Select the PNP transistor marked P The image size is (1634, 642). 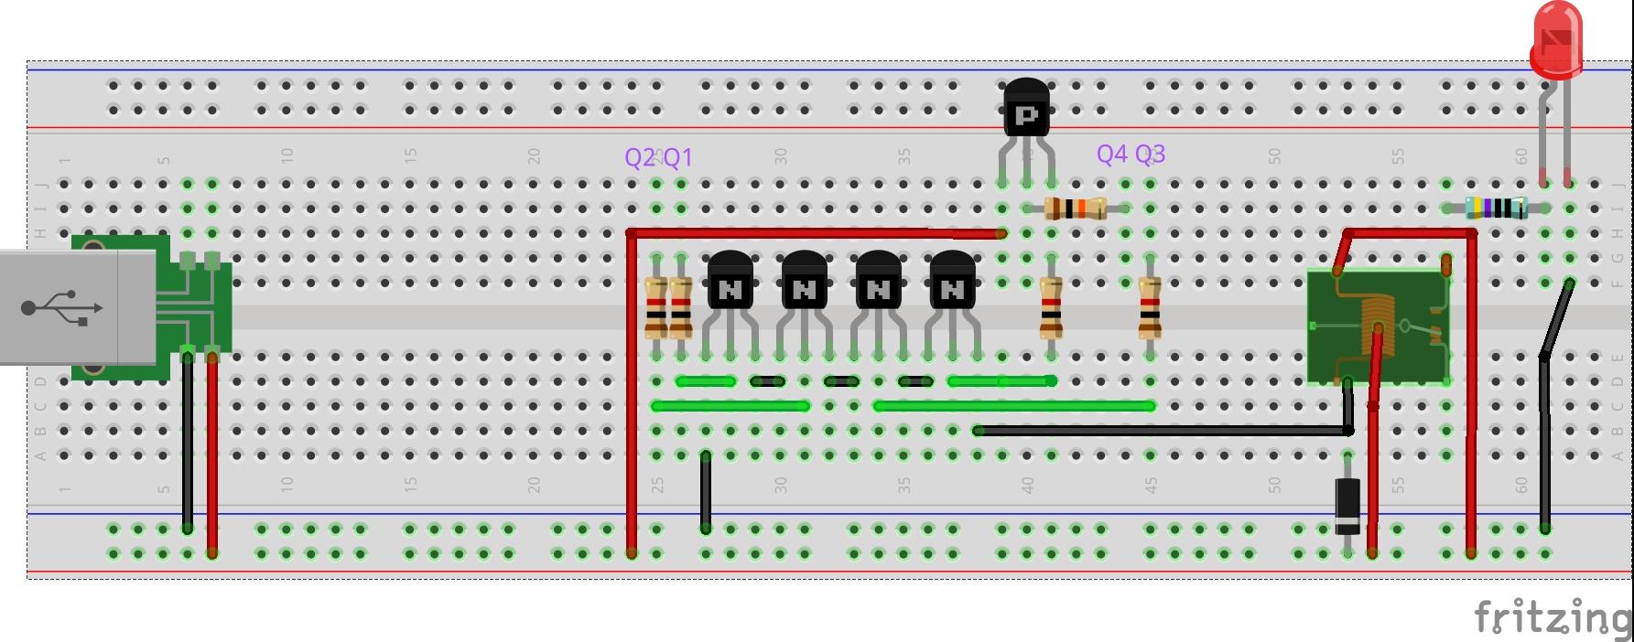pos(1026,110)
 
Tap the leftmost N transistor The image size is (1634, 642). pos(730,284)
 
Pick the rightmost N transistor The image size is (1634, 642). pos(952,284)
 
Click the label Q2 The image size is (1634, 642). pos(640,157)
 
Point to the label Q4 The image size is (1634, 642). pos(1112,154)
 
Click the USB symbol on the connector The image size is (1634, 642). pos(62,307)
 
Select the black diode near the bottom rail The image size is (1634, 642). pos(1347,505)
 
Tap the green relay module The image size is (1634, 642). pos(1378,326)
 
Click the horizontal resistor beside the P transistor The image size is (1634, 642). pos(1076,209)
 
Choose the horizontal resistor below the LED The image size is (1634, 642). pos(1496,209)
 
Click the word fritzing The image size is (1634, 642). pos(1552,618)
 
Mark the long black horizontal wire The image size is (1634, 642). pos(1163,430)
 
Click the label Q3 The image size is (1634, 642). pos(1150,154)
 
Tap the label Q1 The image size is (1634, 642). pos(677,157)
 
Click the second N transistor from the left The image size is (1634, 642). pos(805,284)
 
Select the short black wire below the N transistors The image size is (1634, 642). pos(706,492)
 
